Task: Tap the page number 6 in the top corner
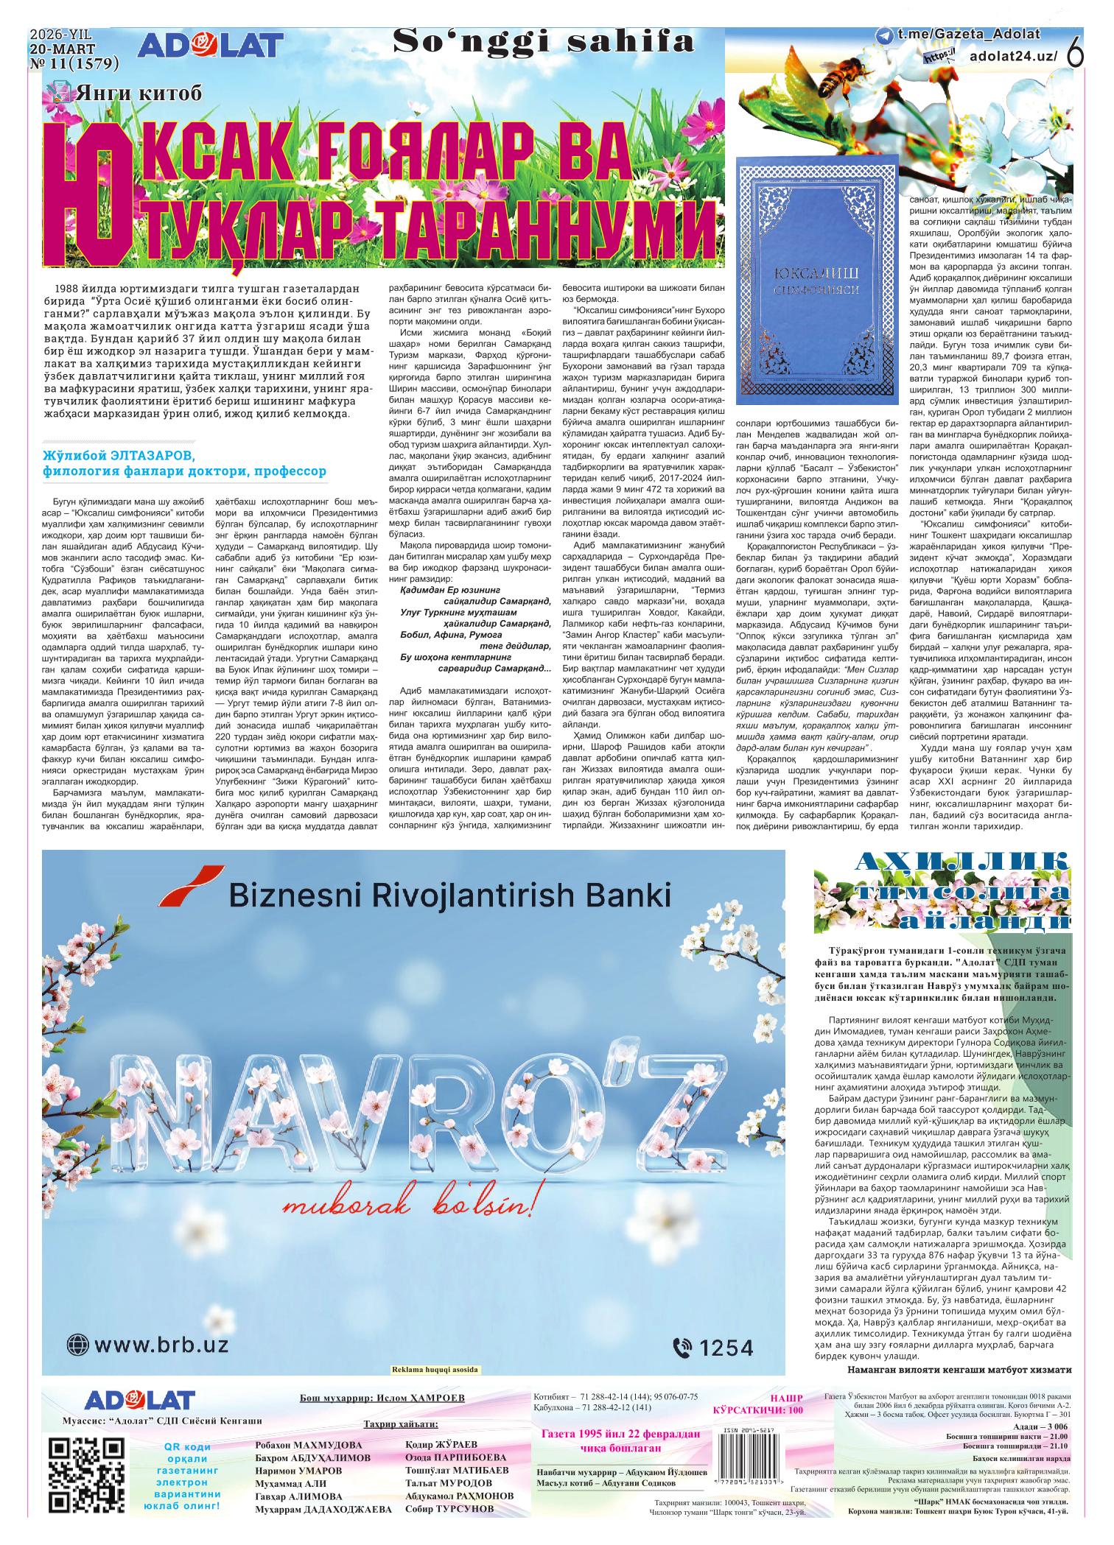tap(1076, 54)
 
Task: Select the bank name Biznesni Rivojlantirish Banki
tap(449, 895)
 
